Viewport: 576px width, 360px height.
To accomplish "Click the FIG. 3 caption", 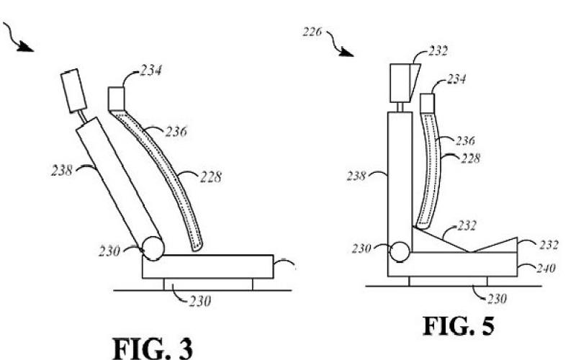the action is pyautogui.click(x=153, y=348).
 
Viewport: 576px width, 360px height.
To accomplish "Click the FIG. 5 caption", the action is pyautogui.click(x=459, y=326).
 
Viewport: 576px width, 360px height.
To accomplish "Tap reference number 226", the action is pyautogui.click(x=312, y=32).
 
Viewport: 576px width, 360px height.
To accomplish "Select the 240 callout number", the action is pyautogui.click(x=546, y=268).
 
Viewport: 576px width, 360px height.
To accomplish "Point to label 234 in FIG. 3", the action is pyautogui.click(x=150, y=70).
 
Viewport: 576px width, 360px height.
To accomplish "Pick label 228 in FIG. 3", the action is pyautogui.click(x=210, y=177).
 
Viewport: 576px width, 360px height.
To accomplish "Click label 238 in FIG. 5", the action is pyautogui.click(x=356, y=176).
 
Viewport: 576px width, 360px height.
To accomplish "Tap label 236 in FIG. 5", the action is pyautogui.click(x=465, y=140).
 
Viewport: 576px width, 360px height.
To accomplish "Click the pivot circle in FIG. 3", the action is pyautogui.click(x=153, y=248).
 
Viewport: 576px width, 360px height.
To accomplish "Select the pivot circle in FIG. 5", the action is pyautogui.click(x=400, y=252).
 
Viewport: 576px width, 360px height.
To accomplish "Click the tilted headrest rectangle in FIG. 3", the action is pyautogui.click(x=74, y=91).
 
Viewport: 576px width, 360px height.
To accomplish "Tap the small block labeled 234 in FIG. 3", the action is pyautogui.click(x=117, y=99).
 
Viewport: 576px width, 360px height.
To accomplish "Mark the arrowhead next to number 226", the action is pyautogui.click(x=346, y=52).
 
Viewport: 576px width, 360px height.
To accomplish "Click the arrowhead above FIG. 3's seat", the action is pyautogui.click(x=25, y=46).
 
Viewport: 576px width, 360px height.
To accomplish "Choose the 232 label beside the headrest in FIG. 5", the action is pyautogui.click(x=438, y=51).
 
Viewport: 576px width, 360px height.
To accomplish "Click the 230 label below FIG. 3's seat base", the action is pyautogui.click(x=200, y=302).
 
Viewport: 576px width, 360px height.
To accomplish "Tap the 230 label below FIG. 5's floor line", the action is pyautogui.click(x=497, y=299).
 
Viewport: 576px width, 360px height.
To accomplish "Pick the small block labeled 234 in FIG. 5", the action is pyautogui.click(x=427, y=103).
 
